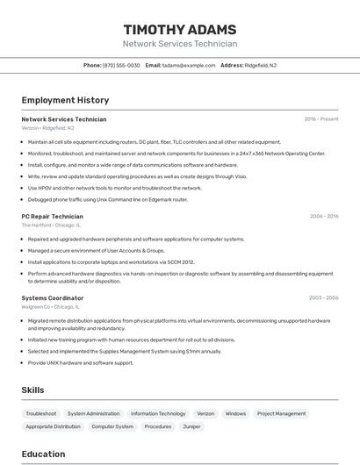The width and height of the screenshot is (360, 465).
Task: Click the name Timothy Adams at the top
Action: tap(180, 29)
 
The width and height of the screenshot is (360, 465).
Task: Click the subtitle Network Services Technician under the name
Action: tap(180, 44)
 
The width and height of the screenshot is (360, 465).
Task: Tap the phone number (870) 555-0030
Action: tap(121, 65)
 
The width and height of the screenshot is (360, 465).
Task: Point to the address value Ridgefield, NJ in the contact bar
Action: tap(261, 65)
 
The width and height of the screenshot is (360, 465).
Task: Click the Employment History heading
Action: tap(65, 101)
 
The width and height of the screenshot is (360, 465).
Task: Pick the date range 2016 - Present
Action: tap(321, 119)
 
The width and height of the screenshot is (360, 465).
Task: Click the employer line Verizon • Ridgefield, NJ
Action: tap(48, 128)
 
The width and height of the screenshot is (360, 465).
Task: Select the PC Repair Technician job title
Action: tap(52, 216)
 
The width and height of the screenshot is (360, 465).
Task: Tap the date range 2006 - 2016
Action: tap(324, 216)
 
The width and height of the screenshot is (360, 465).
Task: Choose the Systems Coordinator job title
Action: tap(53, 298)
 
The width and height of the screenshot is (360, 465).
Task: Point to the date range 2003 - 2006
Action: tap(323, 298)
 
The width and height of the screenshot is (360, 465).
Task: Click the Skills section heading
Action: tap(33, 390)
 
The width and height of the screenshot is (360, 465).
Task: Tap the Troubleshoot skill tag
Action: tap(41, 413)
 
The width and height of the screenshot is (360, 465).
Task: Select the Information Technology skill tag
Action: tap(158, 413)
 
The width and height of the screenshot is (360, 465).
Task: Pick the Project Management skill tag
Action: tap(282, 413)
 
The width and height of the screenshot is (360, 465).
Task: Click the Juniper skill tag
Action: tap(191, 426)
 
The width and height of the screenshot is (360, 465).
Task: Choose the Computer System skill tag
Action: tap(112, 426)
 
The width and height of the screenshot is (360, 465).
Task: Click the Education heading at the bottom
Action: tap(44, 454)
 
